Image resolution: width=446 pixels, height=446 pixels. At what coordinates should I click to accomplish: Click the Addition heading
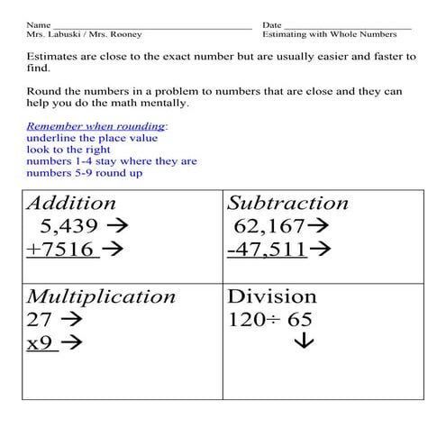(x=71, y=204)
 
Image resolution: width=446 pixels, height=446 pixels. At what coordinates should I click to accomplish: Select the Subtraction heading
(x=287, y=204)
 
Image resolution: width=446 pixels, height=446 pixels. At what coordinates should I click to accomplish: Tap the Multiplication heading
(x=101, y=296)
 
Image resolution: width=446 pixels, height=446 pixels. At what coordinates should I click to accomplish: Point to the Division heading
(x=272, y=296)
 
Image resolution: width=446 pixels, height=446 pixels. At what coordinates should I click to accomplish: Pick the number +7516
(x=60, y=250)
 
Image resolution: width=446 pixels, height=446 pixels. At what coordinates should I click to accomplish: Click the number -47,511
(x=267, y=250)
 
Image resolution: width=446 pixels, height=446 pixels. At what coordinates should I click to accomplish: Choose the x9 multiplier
(x=41, y=342)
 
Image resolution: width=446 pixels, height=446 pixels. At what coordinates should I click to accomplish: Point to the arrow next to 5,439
(x=116, y=227)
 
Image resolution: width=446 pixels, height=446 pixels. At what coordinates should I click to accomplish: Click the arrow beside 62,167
(x=318, y=227)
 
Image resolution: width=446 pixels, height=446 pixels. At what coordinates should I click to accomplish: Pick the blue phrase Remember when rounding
(x=96, y=126)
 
